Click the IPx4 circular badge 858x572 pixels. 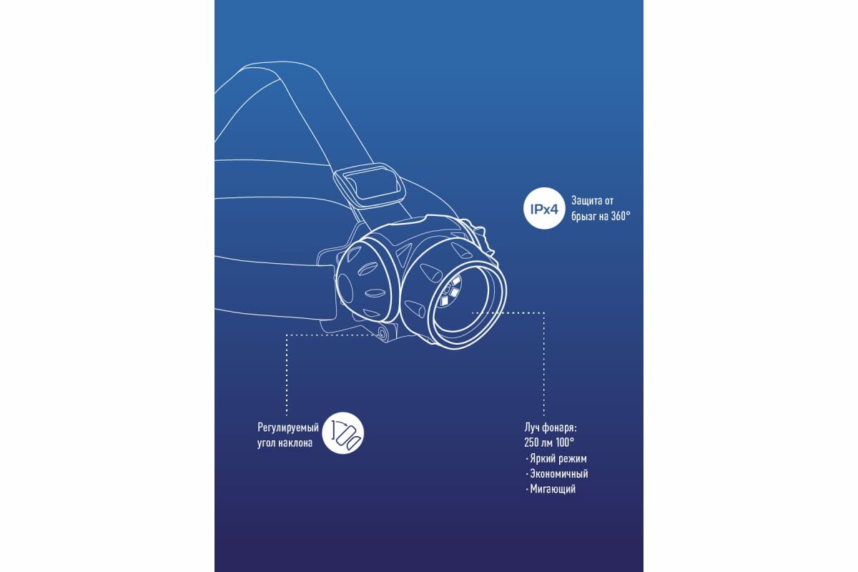[x=544, y=207]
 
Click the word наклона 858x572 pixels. [x=295, y=443]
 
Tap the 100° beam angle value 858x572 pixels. [x=565, y=443]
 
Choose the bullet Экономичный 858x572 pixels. [x=558, y=474]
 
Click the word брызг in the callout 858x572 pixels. [x=584, y=215]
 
